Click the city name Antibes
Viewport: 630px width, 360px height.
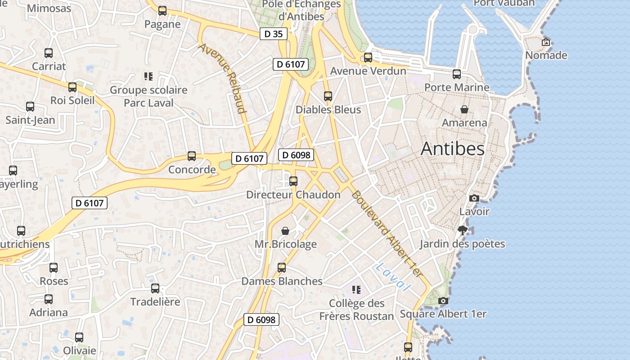452,149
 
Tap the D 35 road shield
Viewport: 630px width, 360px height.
273,33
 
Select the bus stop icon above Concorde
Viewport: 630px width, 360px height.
192,156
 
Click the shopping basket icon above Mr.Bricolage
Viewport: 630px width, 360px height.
285,231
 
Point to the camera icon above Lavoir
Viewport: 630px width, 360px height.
474,198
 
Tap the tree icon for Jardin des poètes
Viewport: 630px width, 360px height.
462,231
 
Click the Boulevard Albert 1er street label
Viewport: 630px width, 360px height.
387,234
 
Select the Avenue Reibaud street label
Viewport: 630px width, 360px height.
223,78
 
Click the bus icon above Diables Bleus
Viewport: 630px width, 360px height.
328,96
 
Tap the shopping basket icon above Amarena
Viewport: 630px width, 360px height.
464,109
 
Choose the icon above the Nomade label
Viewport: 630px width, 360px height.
546,42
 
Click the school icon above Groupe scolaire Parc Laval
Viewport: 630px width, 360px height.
148,76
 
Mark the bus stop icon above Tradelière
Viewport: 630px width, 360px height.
155,288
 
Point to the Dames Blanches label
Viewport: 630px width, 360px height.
282,281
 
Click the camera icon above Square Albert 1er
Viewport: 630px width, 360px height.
443,301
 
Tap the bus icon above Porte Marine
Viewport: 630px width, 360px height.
457,74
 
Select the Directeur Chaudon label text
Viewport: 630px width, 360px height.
293,195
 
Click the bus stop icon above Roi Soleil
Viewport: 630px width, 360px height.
72,87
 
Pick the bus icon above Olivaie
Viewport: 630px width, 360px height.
79,337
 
